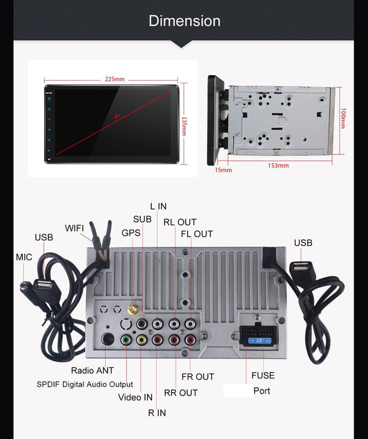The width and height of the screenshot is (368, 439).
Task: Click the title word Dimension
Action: click(x=184, y=21)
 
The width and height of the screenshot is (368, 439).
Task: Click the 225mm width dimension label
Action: click(x=115, y=79)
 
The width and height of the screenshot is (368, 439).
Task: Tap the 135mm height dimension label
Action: click(x=184, y=125)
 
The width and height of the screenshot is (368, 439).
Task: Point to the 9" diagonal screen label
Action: click(x=117, y=116)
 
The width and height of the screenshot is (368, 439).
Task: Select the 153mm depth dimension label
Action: click(x=279, y=165)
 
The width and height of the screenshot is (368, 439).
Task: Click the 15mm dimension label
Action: click(x=223, y=170)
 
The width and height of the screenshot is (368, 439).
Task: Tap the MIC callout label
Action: click(x=24, y=257)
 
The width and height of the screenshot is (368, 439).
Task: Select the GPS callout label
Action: click(x=131, y=233)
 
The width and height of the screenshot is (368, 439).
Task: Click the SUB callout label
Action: click(x=142, y=219)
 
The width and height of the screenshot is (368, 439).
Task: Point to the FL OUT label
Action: click(x=197, y=234)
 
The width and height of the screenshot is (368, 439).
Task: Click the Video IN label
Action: click(x=136, y=397)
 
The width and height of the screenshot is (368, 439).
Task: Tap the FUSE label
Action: click(x=263, y=376)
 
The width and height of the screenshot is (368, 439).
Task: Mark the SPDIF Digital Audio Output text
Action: click(x=85, y=384)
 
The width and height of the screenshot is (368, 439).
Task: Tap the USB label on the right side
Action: click(x=303, y=243)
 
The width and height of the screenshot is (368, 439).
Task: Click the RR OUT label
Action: click(x=180, y=393)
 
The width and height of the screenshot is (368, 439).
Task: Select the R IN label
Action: click(x=157, y=413)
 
